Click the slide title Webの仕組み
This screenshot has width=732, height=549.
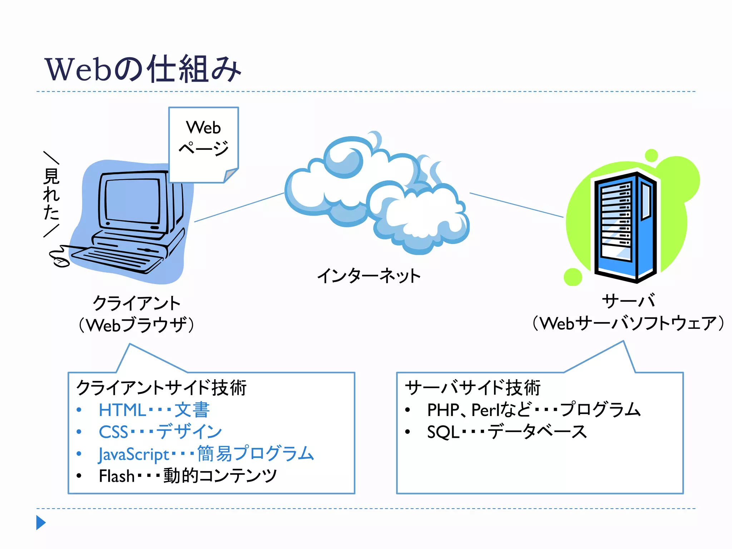click(143, 69)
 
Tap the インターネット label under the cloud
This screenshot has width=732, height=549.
click(369, 276)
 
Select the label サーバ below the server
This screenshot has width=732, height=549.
click(628, 301)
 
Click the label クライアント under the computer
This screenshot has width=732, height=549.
click(137, 303)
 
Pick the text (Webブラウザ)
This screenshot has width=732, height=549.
click(137, 325)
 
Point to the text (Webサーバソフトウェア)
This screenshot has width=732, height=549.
click(628, 323)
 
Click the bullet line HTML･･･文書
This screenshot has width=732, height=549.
click(154, 410)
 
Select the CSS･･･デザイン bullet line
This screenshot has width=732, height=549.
click(160, 432)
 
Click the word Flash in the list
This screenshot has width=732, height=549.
click(117, 476)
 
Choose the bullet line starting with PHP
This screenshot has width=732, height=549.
click(533, 410)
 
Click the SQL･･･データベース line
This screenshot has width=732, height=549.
click(506, 432)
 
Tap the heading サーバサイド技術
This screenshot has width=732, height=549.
click(473, 388)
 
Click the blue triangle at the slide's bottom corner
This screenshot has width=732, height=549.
click(41, 523)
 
